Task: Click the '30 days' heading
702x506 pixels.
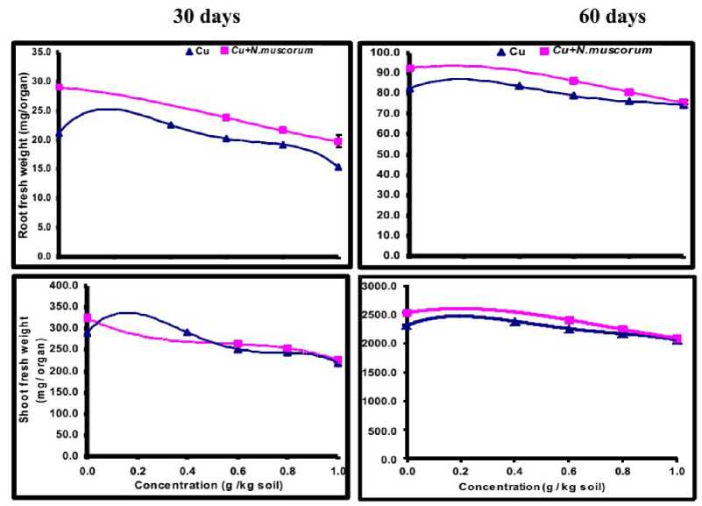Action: (209, 17)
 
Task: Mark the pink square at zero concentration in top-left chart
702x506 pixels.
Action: (59, 88)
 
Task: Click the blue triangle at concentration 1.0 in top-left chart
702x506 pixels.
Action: (338, 167)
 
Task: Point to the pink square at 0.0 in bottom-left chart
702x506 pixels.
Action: (86, 318)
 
